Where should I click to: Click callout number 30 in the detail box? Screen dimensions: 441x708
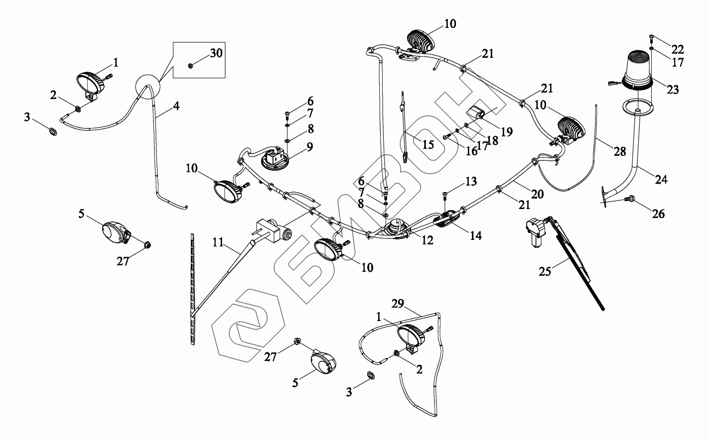coord(216,53)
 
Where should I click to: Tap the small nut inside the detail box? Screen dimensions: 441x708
coord(190,65)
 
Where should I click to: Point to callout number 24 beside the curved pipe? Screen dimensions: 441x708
coord(661,179)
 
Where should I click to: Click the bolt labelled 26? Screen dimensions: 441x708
coord(631,199)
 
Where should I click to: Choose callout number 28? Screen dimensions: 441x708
coord(619,151)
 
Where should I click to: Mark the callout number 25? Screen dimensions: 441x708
coord(546,272)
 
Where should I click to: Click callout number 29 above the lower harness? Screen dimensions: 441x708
coord(398,303)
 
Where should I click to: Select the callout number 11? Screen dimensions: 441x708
coord(218,243)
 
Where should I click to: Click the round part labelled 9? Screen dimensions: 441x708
coord(276,159)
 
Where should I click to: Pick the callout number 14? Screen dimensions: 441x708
coord(475,235)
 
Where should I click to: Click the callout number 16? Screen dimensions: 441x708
coord(471,151)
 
